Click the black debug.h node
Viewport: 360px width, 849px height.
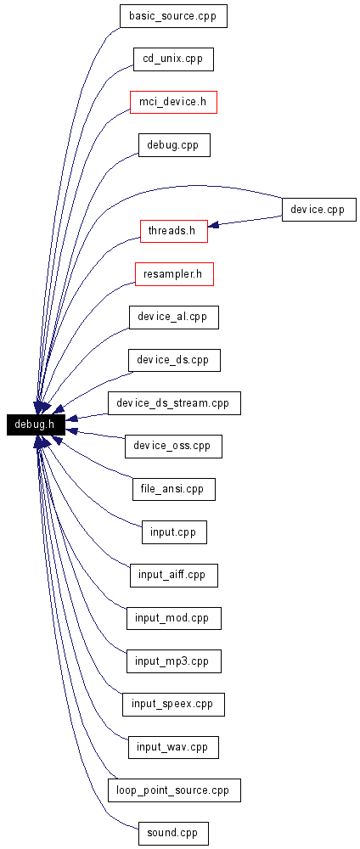click(x=36, y=424)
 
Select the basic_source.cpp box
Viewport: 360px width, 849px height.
click(x=173, y=16)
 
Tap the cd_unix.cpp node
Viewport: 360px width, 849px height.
click(x=173, y=59)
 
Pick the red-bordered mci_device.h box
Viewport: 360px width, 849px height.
click(x=173, y=102)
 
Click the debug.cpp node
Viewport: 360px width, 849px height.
click(x=174, y=145)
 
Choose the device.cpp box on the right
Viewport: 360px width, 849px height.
click(x=319, y=210)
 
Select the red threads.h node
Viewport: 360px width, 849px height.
click(x=174, y=231)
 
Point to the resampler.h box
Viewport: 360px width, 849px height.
click(x=174, y=274)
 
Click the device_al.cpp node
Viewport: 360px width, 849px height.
click(x=174, y=318)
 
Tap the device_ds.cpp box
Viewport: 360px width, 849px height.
click(x=174, y=360)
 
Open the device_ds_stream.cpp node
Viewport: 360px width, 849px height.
click(x=174, y=403)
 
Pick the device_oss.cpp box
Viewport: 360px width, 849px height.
click(x=173, y=447)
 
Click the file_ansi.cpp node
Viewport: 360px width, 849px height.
click(x=174, y=490)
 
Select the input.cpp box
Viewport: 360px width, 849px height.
click(x=174, y=532)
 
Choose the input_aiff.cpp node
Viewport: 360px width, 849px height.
click(x=174, y=575)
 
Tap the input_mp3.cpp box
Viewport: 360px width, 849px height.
click(x=174, y=661)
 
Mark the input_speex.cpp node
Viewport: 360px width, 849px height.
click(x=173, y=705)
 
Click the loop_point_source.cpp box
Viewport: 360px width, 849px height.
click(x=174, y=790)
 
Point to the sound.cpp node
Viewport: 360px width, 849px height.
click(x=173, y=834)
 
